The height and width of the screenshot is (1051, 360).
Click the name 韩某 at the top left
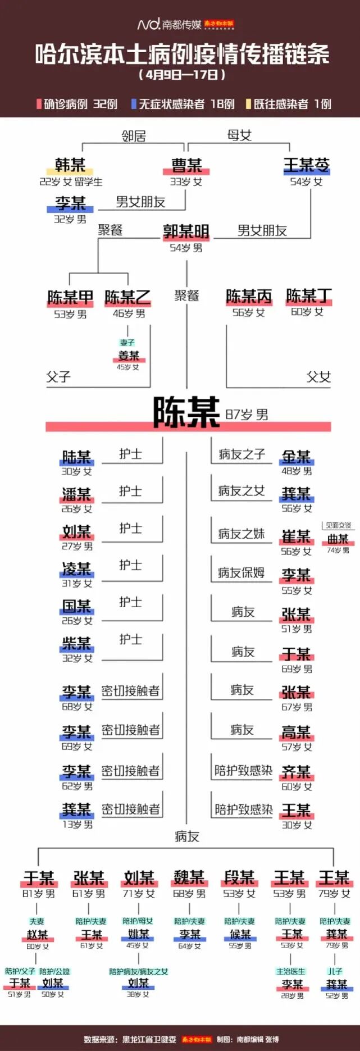(70, 165)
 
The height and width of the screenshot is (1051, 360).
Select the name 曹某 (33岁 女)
(186, 165)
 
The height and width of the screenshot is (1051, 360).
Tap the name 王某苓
(306, 165)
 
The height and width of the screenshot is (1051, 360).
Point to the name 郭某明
(186, 231)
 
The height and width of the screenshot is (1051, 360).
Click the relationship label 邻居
(134, 136)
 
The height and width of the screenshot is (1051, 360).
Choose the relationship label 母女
(239, 135)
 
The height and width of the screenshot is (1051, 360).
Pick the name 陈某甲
(70, 297)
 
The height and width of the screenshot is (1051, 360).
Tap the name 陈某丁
(308, 296)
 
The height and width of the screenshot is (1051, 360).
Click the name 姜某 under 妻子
(129, 356)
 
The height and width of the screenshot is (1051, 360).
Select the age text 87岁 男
(247, 415)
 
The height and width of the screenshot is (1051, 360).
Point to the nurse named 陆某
(76, 457)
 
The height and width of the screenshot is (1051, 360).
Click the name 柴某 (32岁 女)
(76, 644)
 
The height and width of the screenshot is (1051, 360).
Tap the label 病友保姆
(241, 573)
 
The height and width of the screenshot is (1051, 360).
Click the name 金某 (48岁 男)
(296, 457)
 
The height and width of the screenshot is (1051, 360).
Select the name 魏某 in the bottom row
(189, 877)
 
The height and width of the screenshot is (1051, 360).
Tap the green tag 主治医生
(290, 971)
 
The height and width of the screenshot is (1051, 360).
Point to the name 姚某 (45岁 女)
(138, 934)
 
